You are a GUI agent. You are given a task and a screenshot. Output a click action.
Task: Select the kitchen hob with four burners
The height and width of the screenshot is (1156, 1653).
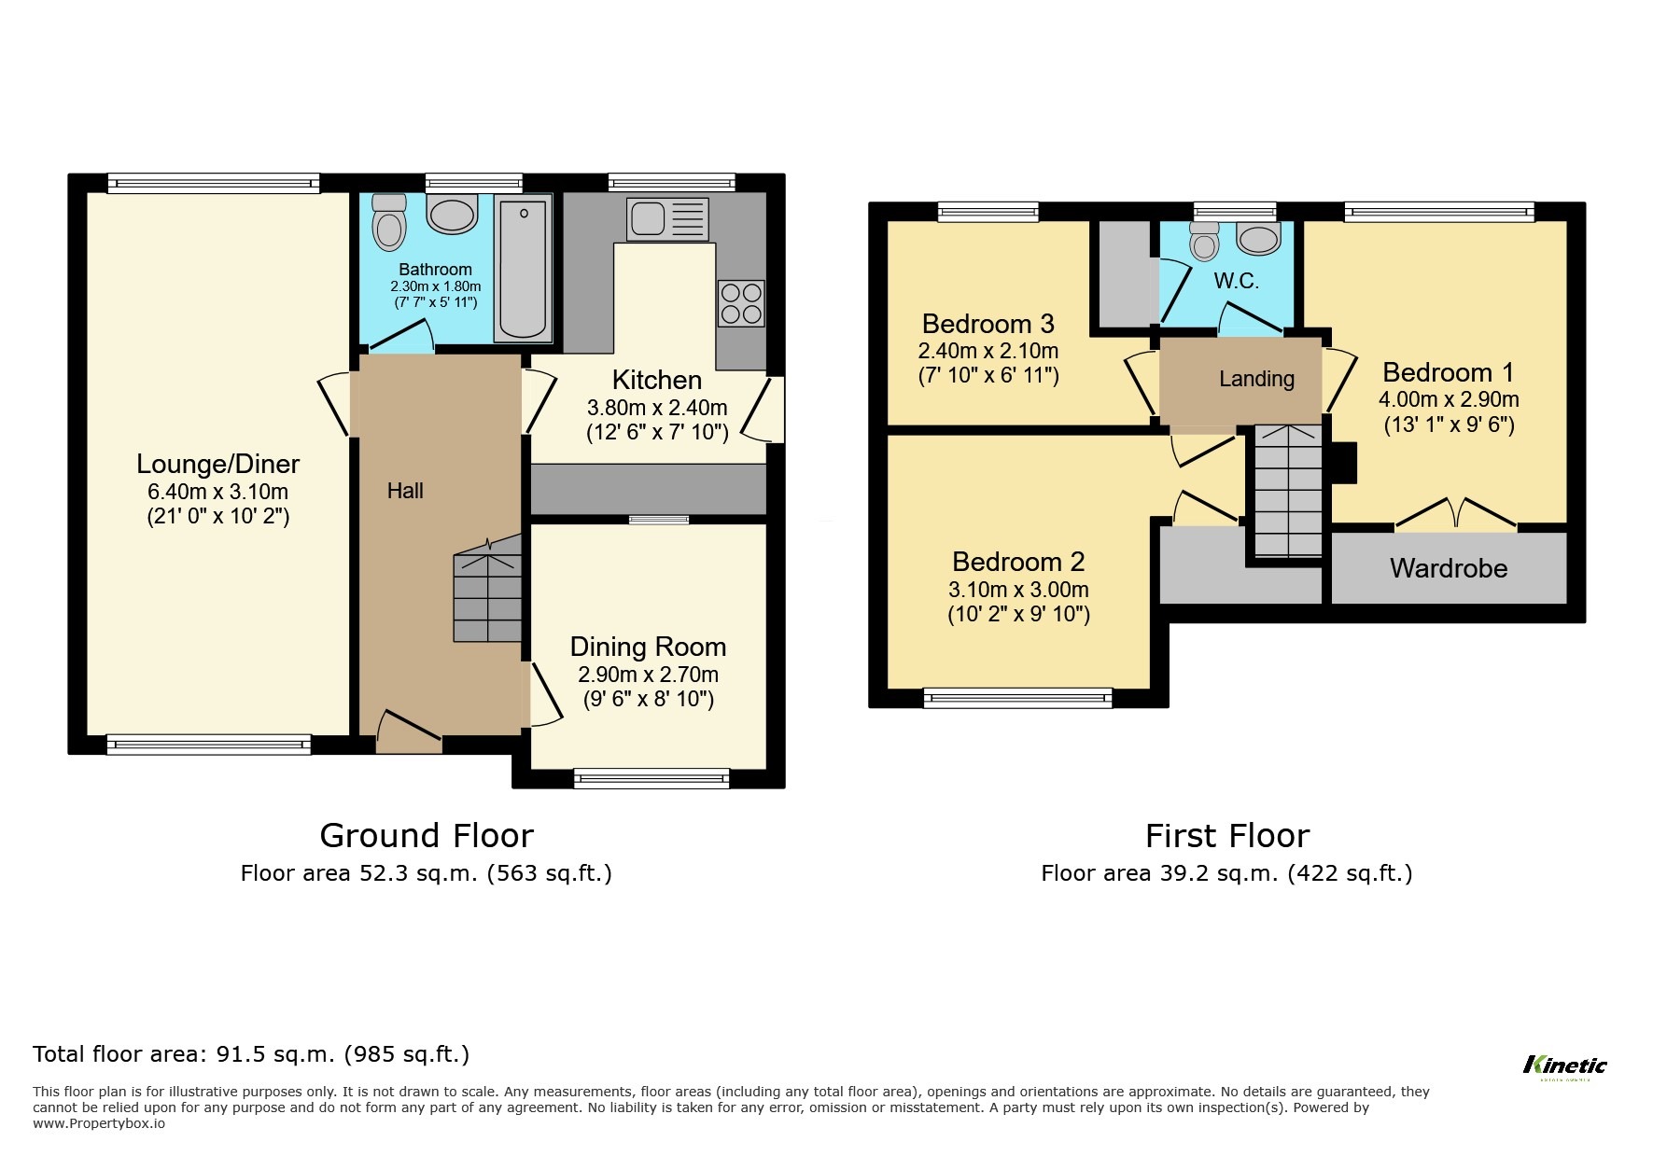pos(741,303)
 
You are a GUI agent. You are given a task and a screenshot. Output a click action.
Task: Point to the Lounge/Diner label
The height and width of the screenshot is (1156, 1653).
pos(218,464)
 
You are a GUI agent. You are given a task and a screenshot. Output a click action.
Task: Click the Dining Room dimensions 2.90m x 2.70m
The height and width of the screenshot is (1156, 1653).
pos(648,675)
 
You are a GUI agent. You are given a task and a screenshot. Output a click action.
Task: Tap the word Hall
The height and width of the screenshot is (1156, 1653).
pos(405,491)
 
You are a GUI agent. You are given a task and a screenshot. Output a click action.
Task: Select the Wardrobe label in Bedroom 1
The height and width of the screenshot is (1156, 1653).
pos(1449,568)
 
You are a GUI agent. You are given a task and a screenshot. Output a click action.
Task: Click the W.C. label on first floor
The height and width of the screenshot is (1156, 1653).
pos(1237,280)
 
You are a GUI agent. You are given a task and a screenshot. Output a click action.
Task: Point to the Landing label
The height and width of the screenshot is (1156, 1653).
pos(1256,379)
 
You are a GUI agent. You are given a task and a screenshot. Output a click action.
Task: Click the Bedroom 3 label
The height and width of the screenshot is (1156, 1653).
pos(988,324)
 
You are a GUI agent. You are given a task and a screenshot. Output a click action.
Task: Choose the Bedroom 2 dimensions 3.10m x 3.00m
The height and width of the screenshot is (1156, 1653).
pos(1018,590)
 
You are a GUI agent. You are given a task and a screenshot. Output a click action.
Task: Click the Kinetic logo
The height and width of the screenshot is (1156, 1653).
pos(1565,1065)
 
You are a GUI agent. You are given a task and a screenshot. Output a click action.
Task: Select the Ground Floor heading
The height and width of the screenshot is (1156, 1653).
pos(427,835)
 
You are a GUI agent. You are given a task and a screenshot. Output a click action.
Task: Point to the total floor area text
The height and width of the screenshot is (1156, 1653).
pos(251,1054)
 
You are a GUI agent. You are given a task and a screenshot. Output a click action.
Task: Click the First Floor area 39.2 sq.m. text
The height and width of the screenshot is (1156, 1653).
pos(1226,873)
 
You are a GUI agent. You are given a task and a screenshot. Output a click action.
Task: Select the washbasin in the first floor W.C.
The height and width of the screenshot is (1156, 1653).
pos(1258,239)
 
